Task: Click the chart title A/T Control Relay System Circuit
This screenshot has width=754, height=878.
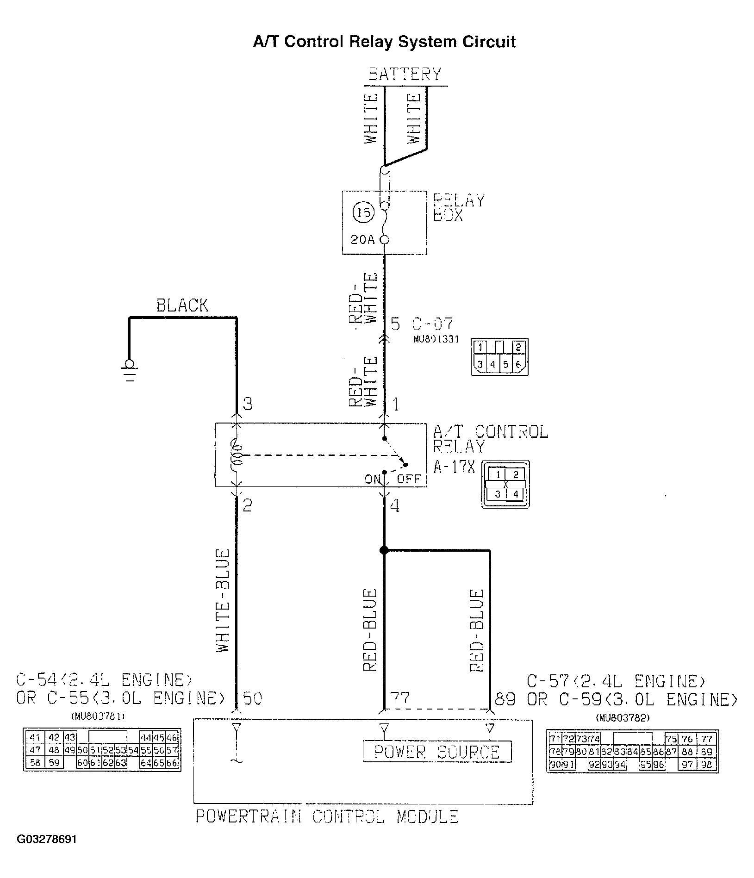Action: [x=384, y=42]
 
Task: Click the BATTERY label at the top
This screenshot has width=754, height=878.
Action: [x=405, y=74]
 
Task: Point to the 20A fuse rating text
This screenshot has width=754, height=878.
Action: [x=363, y=240]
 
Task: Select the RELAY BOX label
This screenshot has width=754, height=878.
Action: [x=458, y=208]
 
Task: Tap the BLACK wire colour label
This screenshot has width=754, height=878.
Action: [x=182, y=305]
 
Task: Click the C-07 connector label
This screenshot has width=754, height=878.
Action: [x=433, y=324]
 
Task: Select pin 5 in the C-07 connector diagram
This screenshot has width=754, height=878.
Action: [x=505, y=364]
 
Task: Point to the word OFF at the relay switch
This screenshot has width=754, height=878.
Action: [x=408, y=479]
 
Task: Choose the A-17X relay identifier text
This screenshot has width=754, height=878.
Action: [x=454, y=467]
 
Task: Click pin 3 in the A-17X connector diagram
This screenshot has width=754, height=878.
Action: [x=497, y=494]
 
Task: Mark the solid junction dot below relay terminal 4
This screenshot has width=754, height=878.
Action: [x=384, y=550]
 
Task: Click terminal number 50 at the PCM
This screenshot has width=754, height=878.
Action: [x=253, y=697]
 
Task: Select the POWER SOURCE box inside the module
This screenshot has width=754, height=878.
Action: [x=437, y=752]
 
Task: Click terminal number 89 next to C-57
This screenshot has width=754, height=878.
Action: [x=505, y=698]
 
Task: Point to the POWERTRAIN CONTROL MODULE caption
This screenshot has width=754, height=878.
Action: [x=326, y=816]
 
